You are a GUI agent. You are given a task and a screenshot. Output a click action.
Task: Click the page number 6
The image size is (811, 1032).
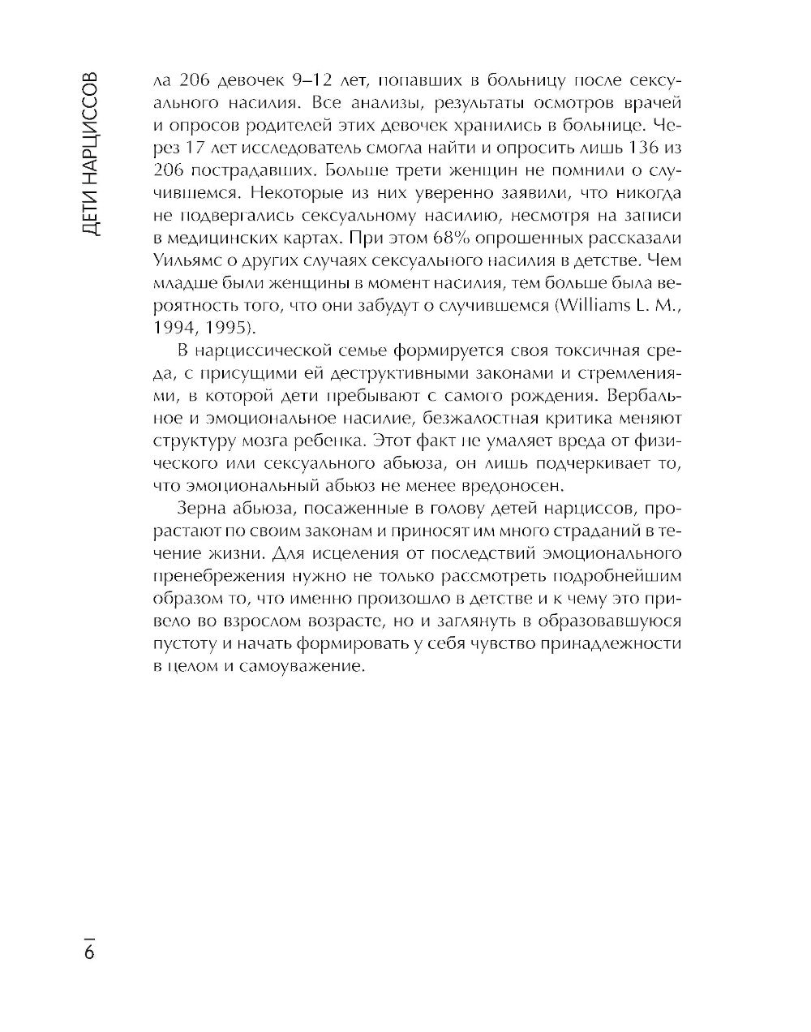pyautogui.click(x=88, y=950)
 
